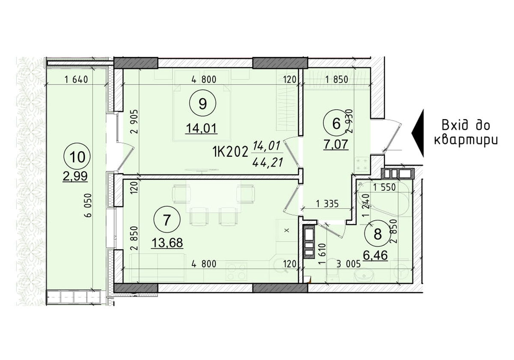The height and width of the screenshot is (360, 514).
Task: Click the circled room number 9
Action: pos(203,103)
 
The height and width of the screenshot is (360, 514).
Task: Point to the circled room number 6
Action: pos(336,124)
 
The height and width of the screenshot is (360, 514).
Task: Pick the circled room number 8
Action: pos(377,234)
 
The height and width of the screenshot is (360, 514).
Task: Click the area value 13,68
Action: pos(167,243)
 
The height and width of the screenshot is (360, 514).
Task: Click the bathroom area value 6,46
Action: pos(375,256)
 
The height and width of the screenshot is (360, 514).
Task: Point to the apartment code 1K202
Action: pos(230,151)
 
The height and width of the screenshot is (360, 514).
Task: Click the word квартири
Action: pos(466,140)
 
